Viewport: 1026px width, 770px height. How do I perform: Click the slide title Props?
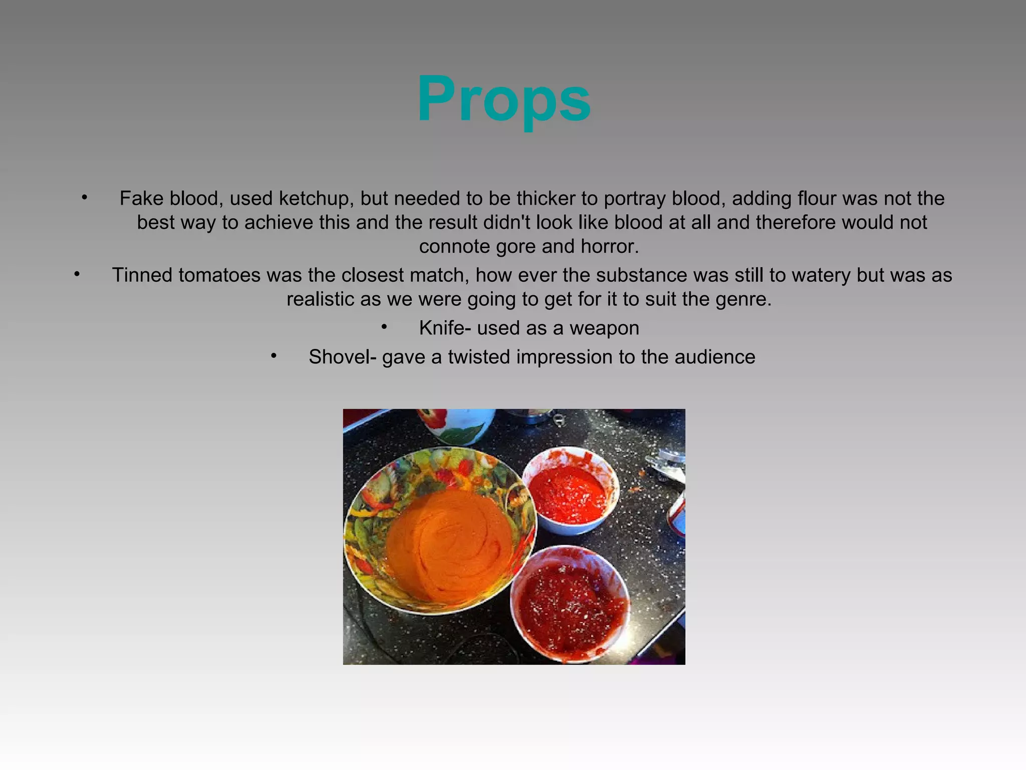click(x=503, y=99)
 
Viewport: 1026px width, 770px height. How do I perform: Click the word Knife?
click(x=444, y=328)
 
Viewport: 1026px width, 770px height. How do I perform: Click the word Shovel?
click(x=342, y=357)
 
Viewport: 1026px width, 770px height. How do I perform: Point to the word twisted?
click(x=479, y=357)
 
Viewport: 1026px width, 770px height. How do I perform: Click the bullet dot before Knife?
click(x=384, y=327)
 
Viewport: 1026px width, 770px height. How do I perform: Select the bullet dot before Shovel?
click(x=274, y=356)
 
